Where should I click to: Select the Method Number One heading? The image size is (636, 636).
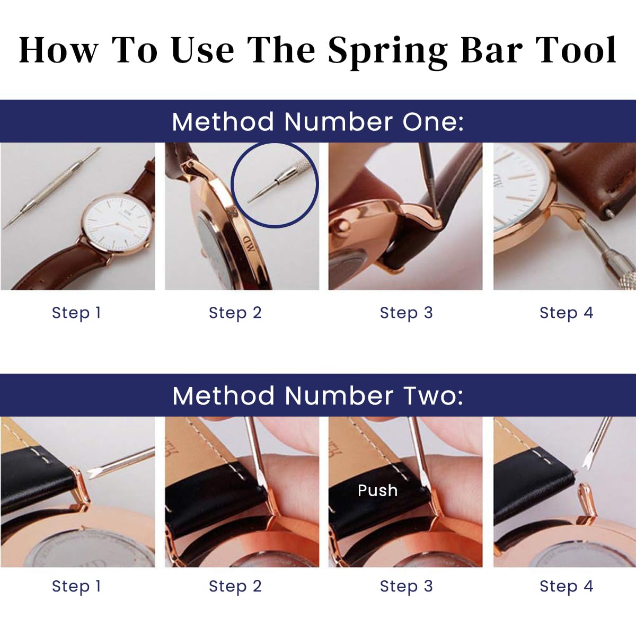tap(318, 121)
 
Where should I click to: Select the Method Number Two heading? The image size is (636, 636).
tap(318, 395)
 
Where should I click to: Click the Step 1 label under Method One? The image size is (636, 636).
tap(76, 313)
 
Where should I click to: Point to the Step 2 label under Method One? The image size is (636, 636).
tap(235, 313)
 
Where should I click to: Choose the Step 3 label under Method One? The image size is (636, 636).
tap(407, 313)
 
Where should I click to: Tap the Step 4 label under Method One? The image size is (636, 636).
tap(566, 313)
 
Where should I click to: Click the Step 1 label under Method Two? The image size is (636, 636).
tap(76, 586)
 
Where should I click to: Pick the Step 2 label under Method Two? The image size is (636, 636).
tap(235, 586)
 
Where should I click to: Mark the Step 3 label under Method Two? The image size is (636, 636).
tap(407, 586)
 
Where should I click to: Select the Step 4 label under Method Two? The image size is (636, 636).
tap(566, 586)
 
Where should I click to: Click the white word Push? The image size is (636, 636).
tap(377, 490)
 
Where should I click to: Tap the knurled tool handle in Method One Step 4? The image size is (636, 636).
tap(615, 270)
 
